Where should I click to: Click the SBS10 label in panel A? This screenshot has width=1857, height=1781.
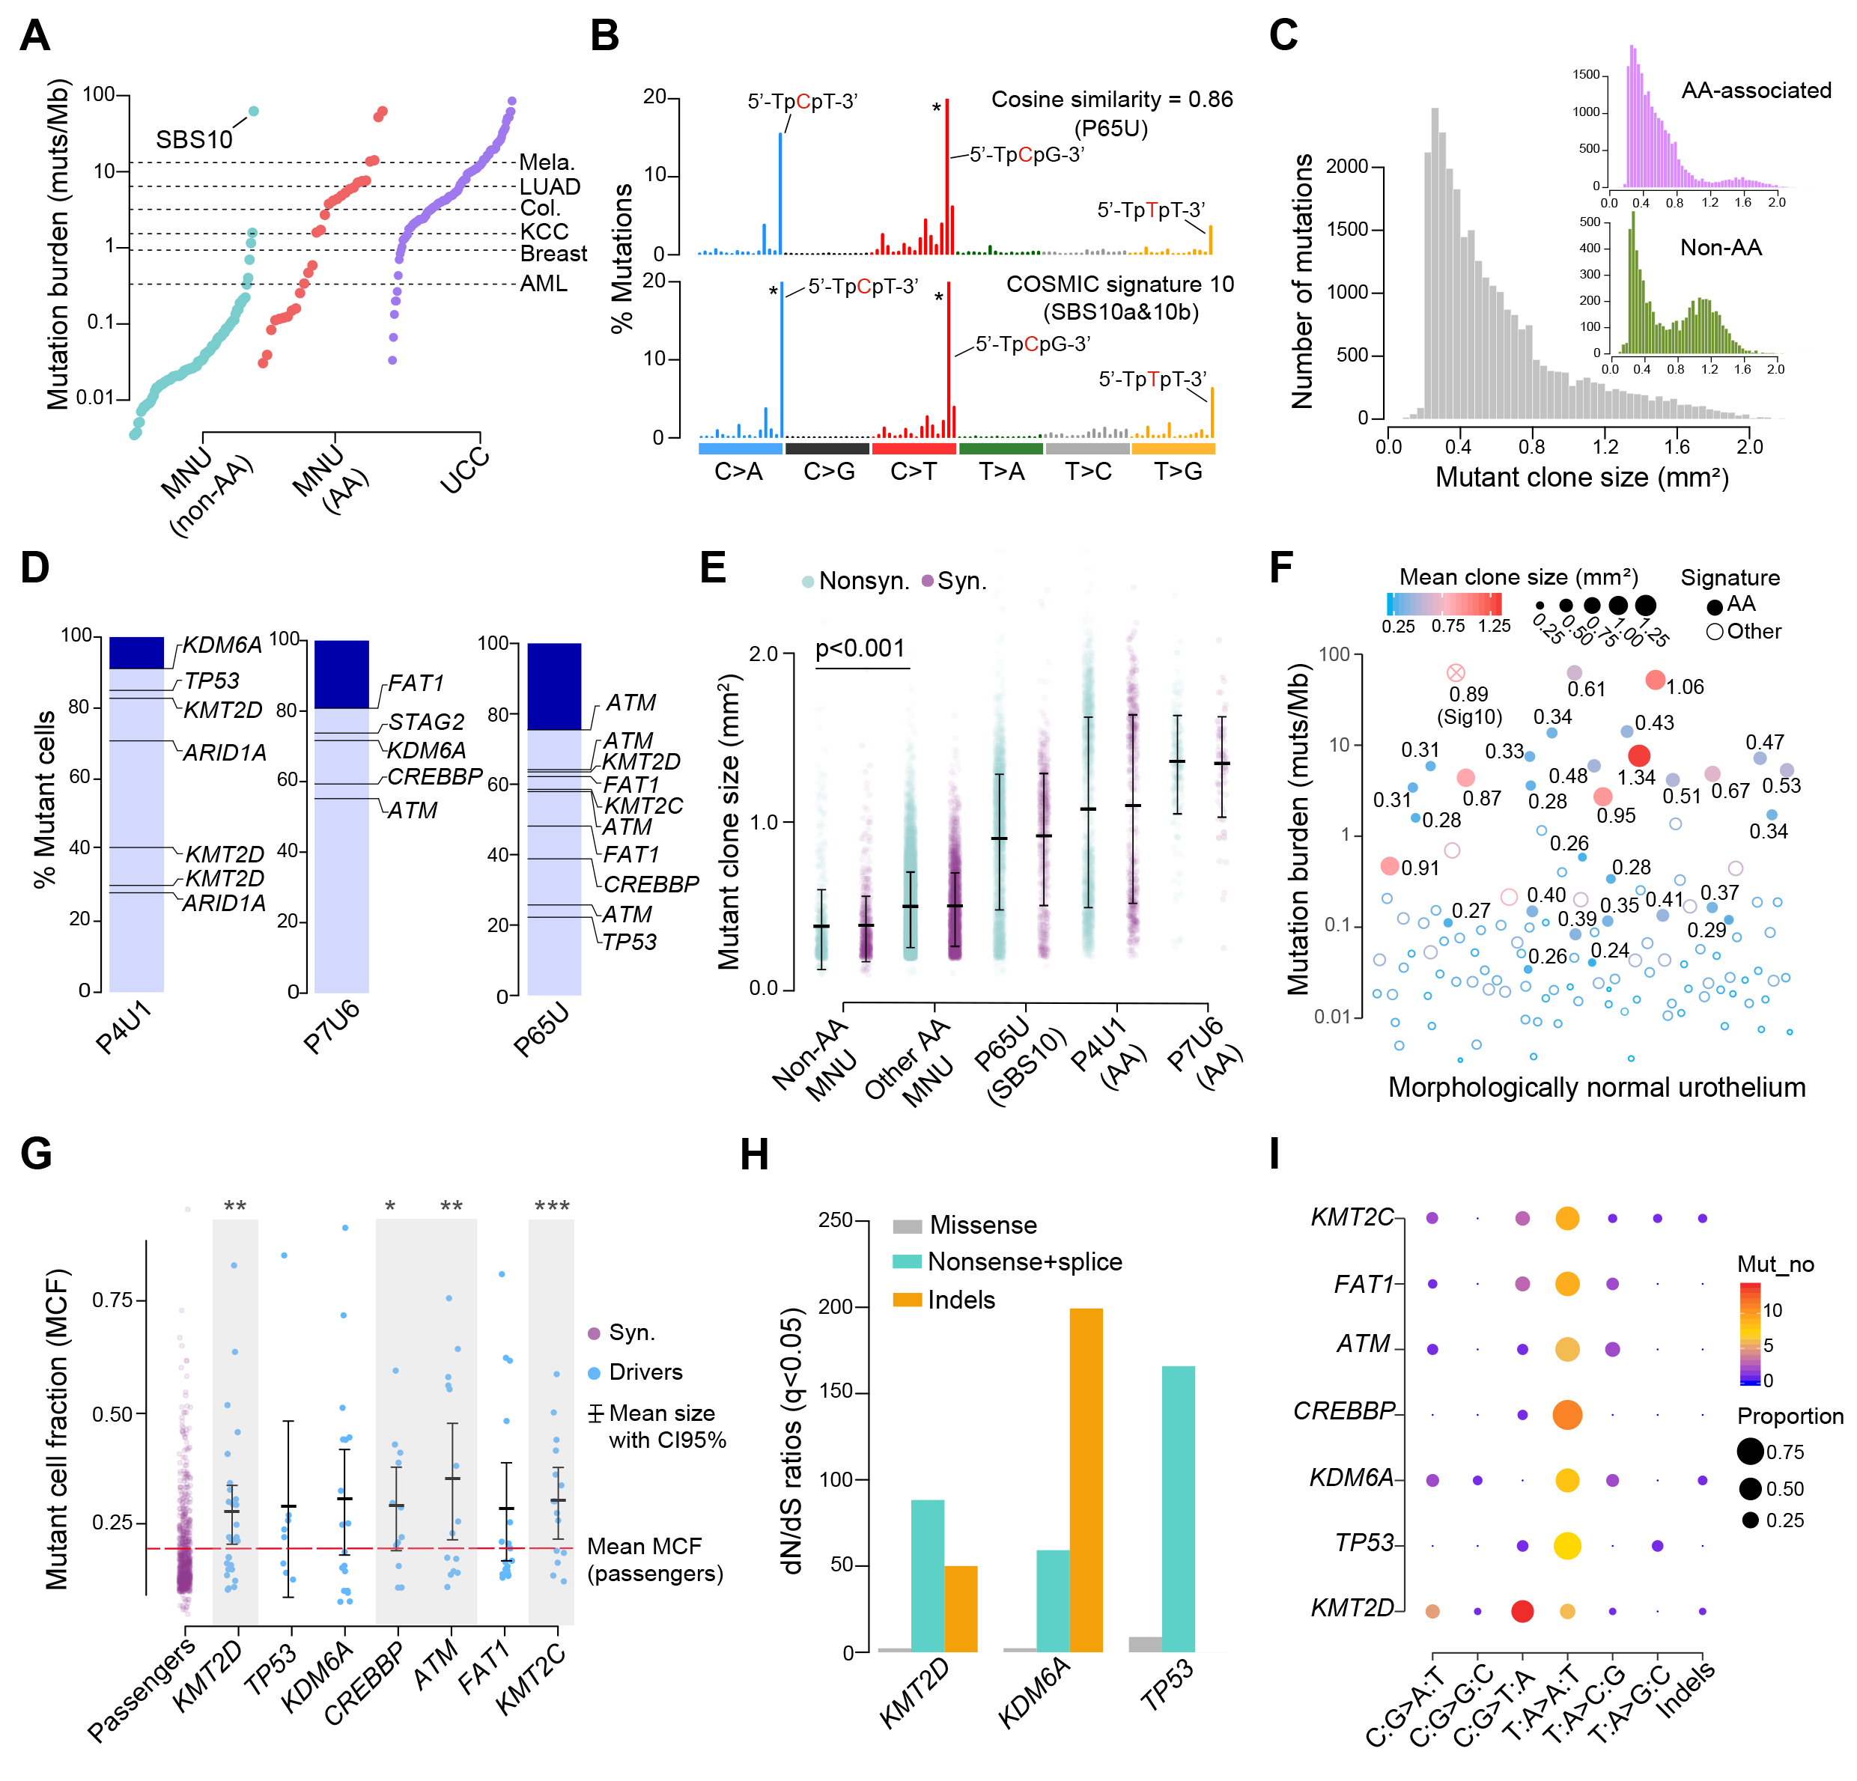point(194,140)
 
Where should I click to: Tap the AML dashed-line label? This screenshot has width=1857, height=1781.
point(544,283)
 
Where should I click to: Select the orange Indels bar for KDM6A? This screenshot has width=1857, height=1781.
point(1086,1480)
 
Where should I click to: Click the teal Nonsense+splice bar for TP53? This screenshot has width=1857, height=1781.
point(1178,1508)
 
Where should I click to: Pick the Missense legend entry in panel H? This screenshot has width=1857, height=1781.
point(982,1225)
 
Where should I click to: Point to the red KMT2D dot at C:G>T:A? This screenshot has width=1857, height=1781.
point(1522,1610)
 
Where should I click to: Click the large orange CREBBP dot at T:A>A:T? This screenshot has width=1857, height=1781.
point(1567,1414)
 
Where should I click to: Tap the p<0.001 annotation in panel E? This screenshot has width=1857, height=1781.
point(860,648)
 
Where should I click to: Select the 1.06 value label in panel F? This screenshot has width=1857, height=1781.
point(1685,686)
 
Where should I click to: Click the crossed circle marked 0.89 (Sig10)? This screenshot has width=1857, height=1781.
point(1456,672)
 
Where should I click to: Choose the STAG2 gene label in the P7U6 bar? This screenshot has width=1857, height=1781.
point(426,722)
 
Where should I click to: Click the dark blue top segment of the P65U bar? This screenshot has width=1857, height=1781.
point(554,686)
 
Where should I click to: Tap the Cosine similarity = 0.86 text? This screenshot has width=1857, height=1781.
point(1111,100)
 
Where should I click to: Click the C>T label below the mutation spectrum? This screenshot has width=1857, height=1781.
point(914,472)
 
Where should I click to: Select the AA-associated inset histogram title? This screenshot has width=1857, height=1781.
point(1756,91)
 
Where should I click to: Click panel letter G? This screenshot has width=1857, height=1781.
point(36,1154)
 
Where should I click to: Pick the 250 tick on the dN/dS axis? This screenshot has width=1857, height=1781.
point(835,1220)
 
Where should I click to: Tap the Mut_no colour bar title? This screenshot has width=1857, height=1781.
point(1775,1264)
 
